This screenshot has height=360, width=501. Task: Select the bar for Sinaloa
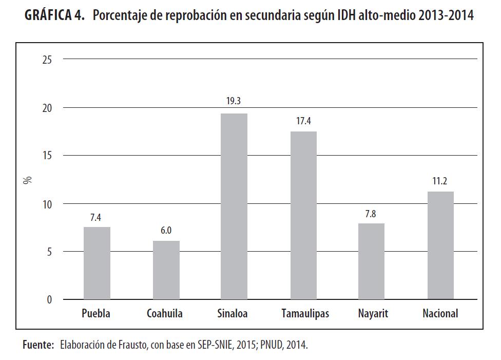coord(234,206)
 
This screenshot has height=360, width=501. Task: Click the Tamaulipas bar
coord(303,216)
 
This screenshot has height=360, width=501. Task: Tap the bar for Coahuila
coord(166,270)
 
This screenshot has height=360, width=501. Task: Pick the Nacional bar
coord(440,245)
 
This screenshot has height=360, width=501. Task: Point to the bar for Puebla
coord(97,263)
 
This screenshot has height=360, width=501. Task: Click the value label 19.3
coord(234,101)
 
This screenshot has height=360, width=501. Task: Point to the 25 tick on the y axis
coord(47,60)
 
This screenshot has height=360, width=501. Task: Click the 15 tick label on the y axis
coord(47,156)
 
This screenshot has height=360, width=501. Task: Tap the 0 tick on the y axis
coord(50,300)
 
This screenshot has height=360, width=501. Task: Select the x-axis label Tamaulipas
coord(305,313)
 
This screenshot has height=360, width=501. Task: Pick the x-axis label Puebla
coord(96,313)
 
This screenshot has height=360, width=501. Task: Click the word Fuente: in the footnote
coord(38,345)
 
